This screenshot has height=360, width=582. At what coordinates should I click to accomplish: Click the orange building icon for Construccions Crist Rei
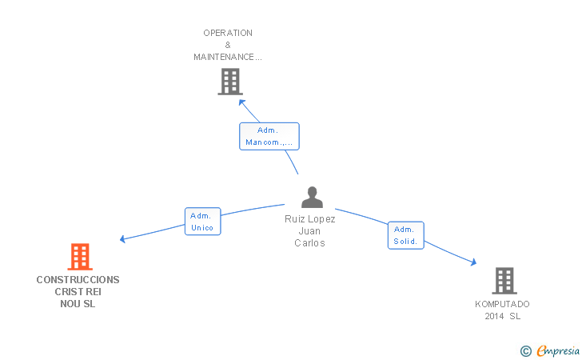80,257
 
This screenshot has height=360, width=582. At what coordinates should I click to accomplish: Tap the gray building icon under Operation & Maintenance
229,82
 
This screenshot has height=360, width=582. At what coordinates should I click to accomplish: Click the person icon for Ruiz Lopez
312,198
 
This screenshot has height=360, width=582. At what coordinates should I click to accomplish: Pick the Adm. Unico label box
201,222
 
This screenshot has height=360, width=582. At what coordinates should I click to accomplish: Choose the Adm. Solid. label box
406,235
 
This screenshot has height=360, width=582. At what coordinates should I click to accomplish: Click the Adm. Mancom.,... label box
269,136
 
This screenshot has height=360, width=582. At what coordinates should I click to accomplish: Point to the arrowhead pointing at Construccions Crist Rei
122,238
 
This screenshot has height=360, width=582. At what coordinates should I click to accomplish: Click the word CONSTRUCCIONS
78,280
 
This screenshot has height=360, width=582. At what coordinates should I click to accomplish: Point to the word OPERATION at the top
228,33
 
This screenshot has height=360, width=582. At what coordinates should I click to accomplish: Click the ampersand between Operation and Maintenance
228,45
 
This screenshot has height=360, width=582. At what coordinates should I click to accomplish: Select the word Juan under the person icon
310,231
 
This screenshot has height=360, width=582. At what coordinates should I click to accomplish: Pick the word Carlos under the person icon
310,243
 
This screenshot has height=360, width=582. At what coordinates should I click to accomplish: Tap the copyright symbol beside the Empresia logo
525,350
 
